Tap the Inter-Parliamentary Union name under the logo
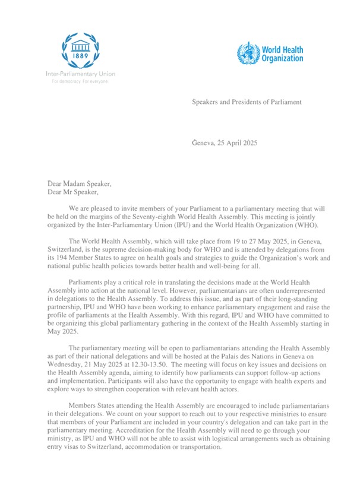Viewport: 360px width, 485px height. (80, 74)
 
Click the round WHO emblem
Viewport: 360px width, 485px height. (245, 53)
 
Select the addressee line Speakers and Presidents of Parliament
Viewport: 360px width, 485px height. (246, 102)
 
